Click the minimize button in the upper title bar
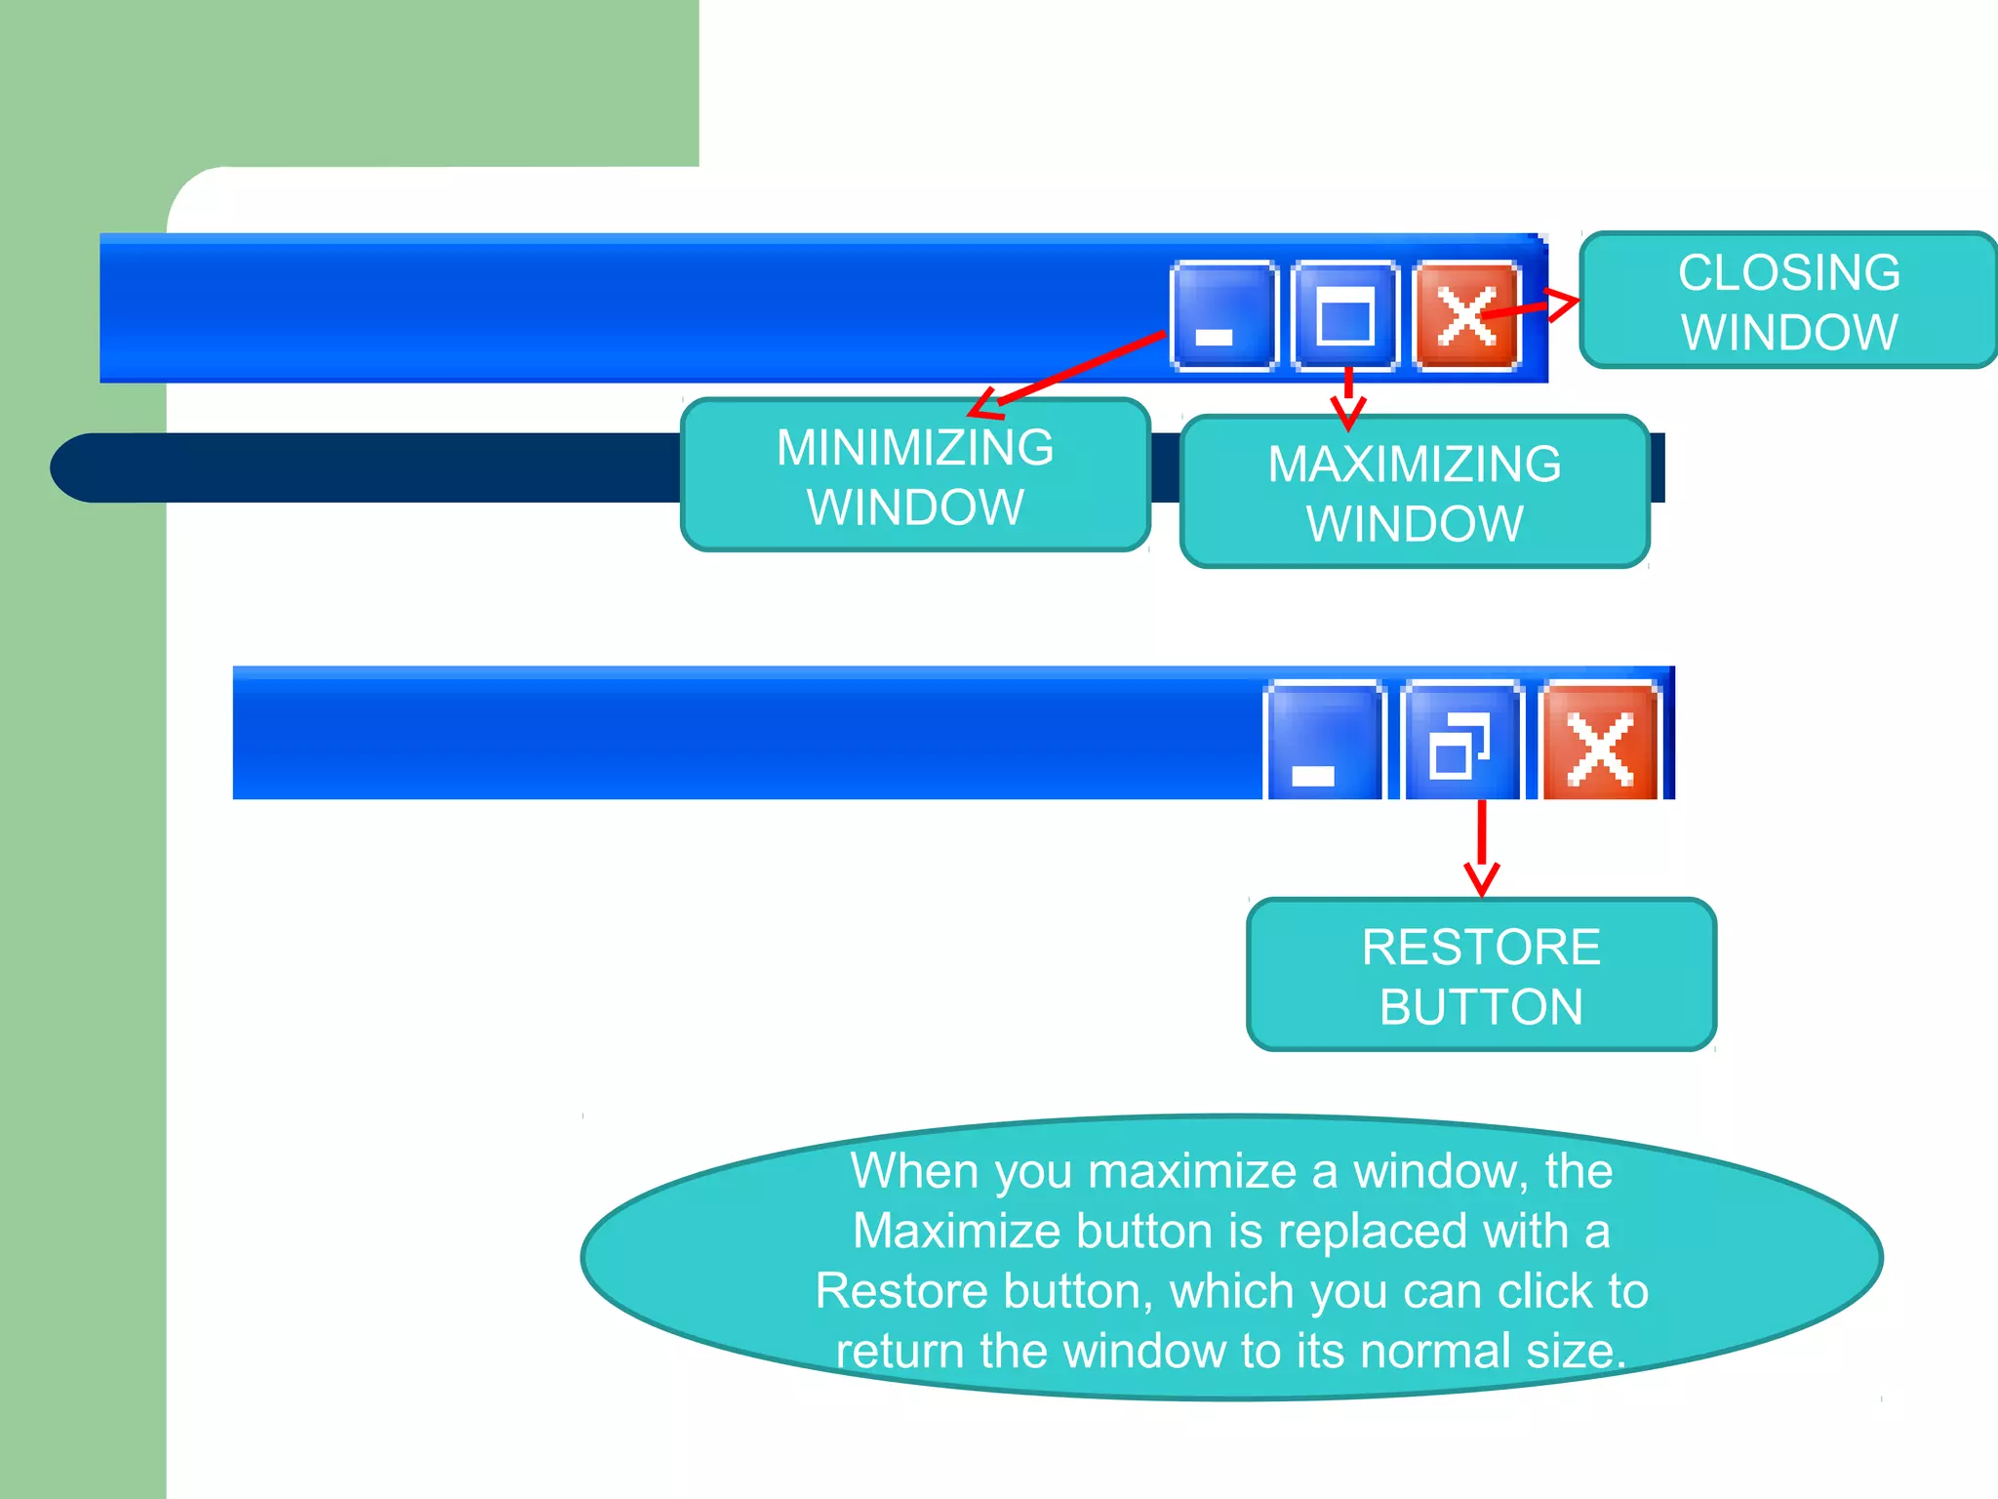click(1223, 316)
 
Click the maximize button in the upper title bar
click(1345, 316)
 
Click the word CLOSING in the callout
click(1789, 272)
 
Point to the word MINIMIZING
click(915, 448)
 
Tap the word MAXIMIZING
click(1415, 465)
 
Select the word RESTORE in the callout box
click(1481, 948)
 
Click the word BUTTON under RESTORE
click(1481, 1007)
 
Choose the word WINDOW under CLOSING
click(1789, 333)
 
